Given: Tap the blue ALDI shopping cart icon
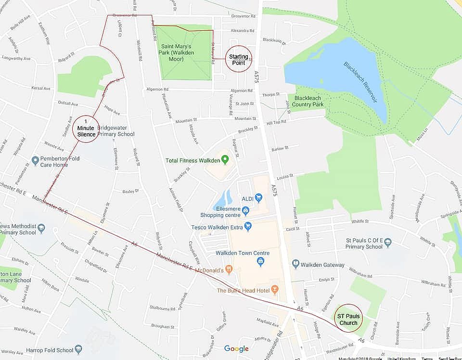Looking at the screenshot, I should coord(258,197).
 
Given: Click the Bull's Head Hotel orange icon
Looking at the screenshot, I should coord(275,289).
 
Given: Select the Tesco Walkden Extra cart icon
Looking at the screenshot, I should coord(248,226).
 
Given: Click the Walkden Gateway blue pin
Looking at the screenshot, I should coord(296,264).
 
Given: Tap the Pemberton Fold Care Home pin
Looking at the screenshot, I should coord(35,160).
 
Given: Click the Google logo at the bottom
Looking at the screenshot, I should coord(236,349).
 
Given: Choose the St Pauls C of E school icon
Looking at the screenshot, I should coord(388,242).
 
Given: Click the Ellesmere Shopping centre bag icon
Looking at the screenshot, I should coord(246,210).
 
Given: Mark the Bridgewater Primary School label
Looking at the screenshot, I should coord(115,131).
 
